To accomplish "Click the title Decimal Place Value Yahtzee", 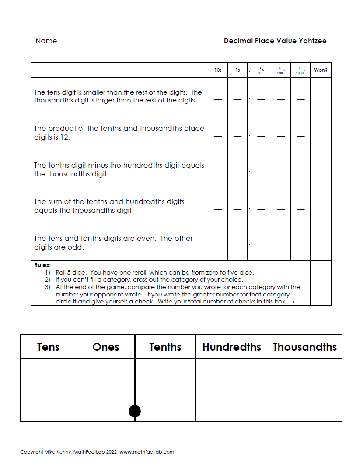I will pos(275,41).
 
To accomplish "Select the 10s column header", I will pos(218,70).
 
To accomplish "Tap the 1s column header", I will pos(237,70).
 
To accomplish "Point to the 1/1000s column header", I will pos(300,70).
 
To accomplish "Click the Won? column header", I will pos(321,70).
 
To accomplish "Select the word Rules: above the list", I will pos(42,265).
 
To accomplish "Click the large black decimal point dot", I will pos(135,411).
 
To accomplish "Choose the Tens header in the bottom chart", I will pos(49,347).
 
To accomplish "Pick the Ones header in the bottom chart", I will pos(106,347).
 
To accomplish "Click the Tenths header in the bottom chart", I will pos(165,347).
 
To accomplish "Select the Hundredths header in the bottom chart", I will pos(232,347).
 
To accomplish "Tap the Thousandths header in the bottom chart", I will pos(305,347).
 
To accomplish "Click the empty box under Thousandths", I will pos(305,390).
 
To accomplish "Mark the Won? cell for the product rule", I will pos(321,133).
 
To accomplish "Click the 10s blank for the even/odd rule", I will pos(218,246).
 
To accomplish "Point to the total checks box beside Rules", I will pos(321,283).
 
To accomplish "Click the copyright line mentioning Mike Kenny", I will pos(98,452).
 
